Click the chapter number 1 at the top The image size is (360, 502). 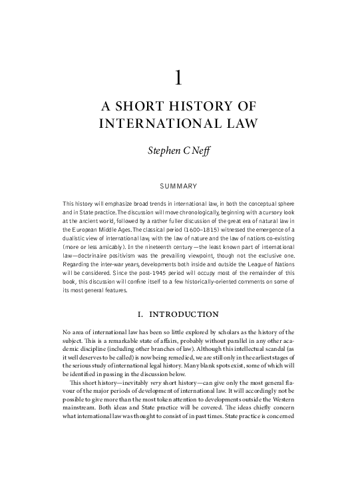[x=178, y=79]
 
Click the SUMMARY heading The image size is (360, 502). [x=179, y=184]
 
